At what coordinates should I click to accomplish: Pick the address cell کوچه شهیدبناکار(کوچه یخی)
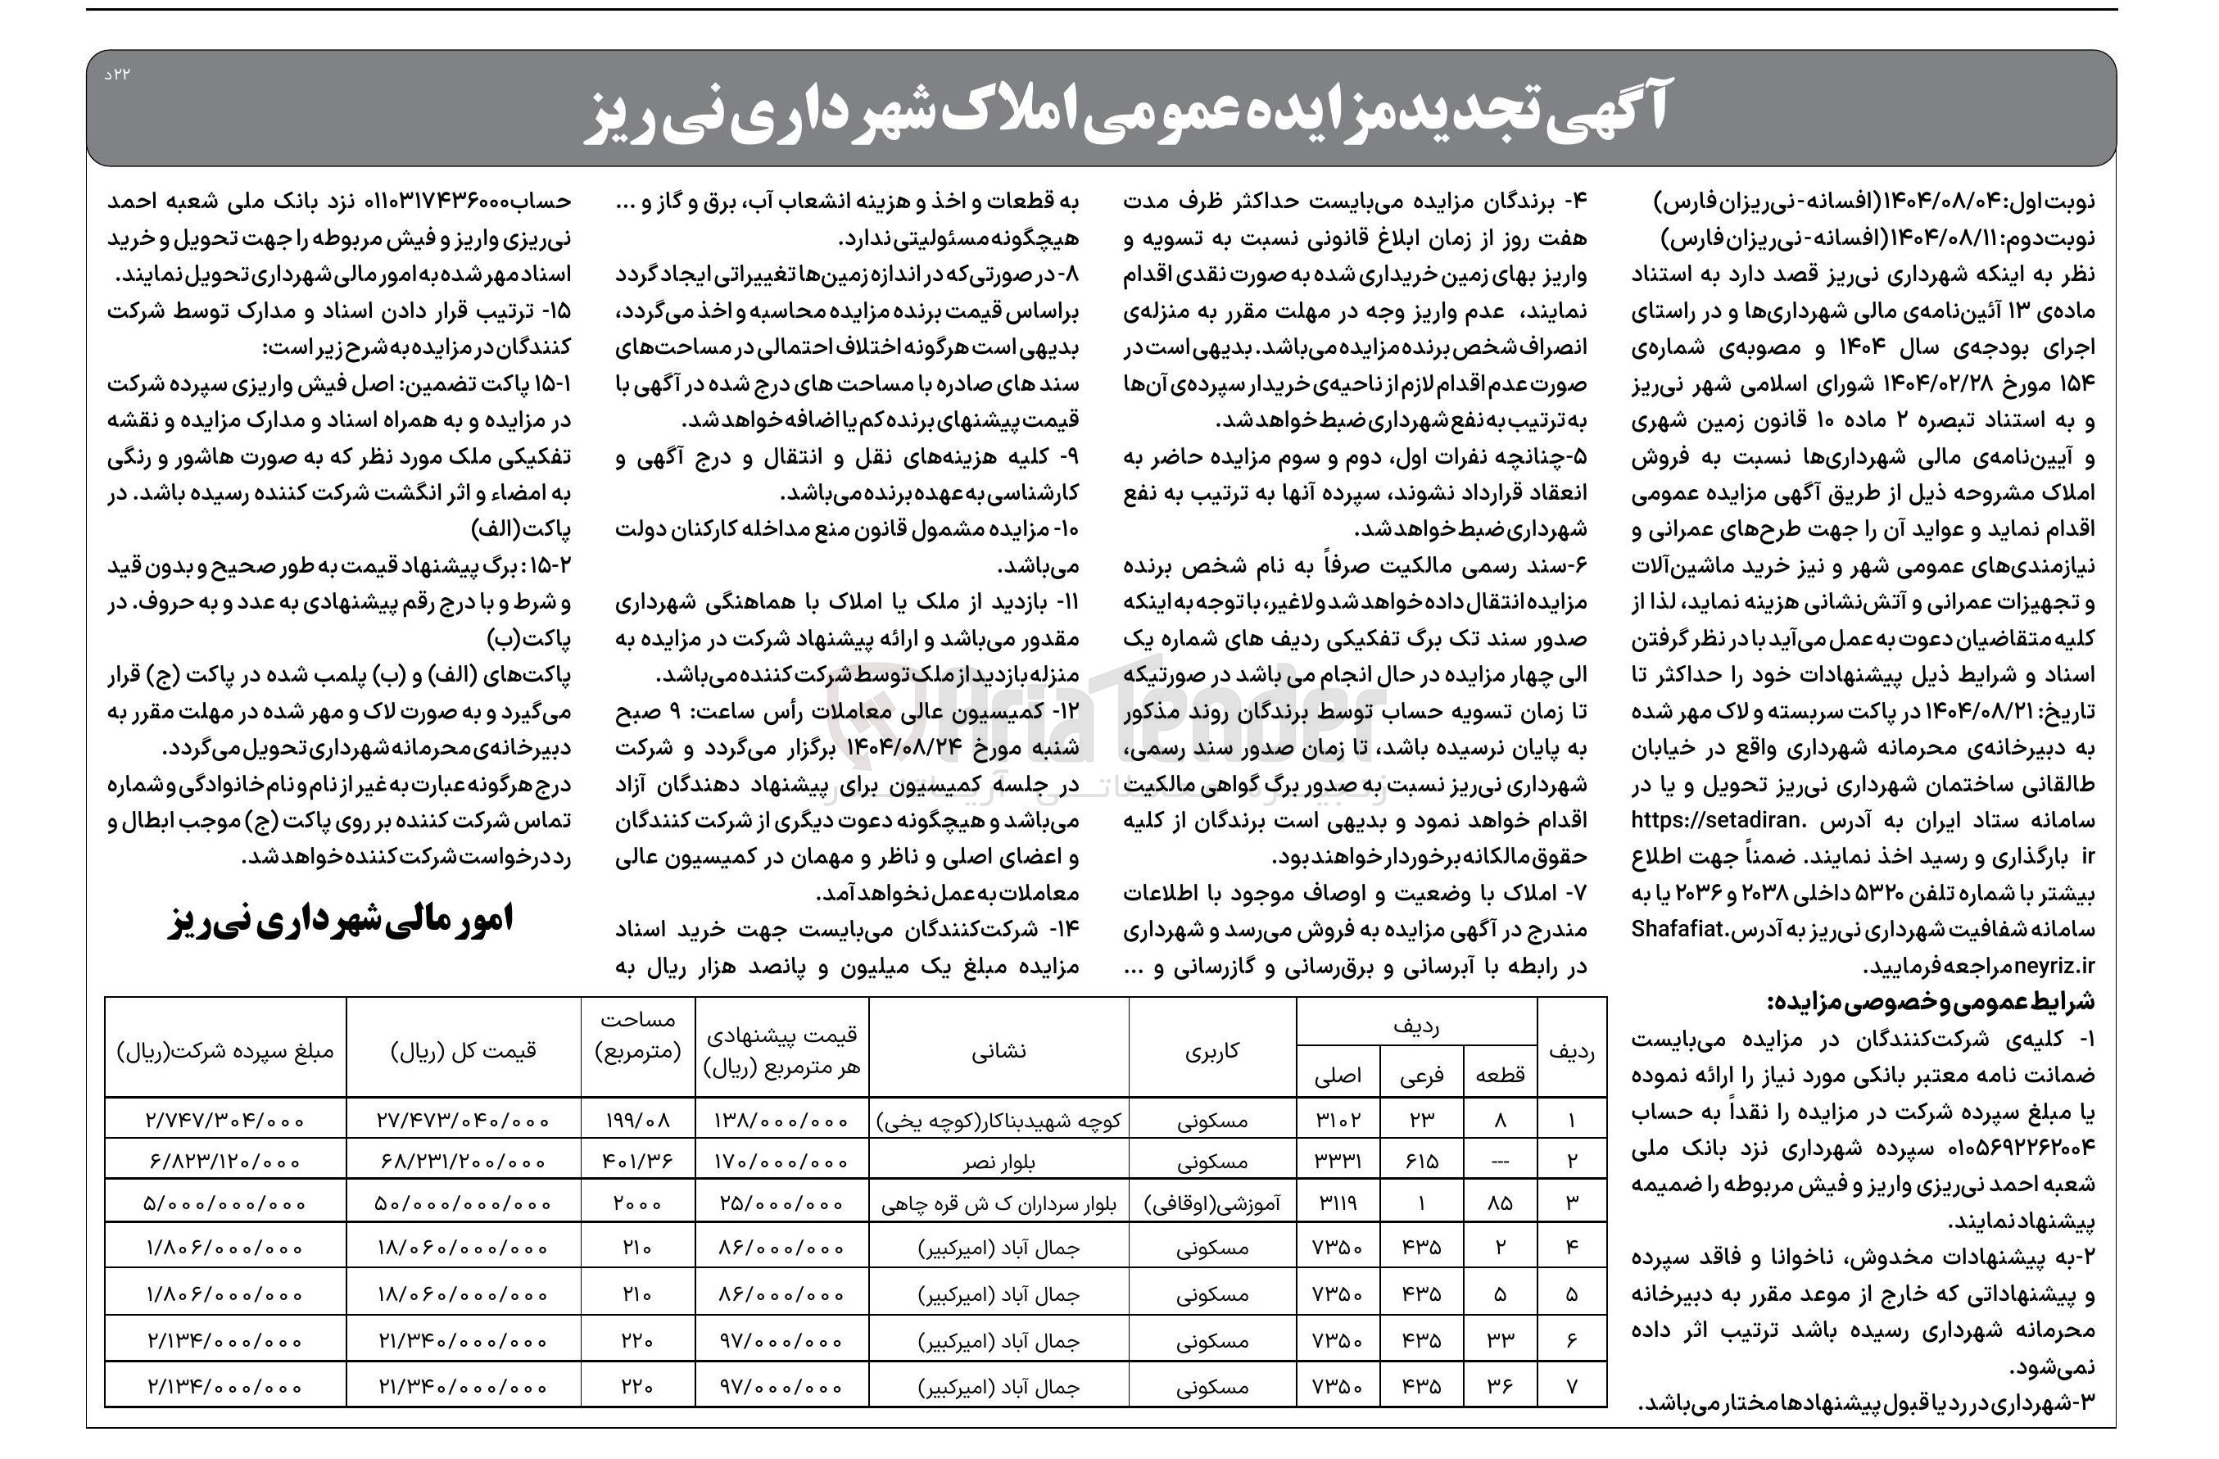click(999, 1120)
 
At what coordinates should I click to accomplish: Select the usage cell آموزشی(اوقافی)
click(1211, 1203)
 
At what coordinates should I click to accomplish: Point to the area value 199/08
click(638, 1120)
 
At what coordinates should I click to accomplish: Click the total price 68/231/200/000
click(464, 1162)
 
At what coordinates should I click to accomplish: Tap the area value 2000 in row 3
click(638, 1203)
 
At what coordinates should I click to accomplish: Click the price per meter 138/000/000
click(782, 1120)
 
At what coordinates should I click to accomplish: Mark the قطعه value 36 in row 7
click(1499, 1386)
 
